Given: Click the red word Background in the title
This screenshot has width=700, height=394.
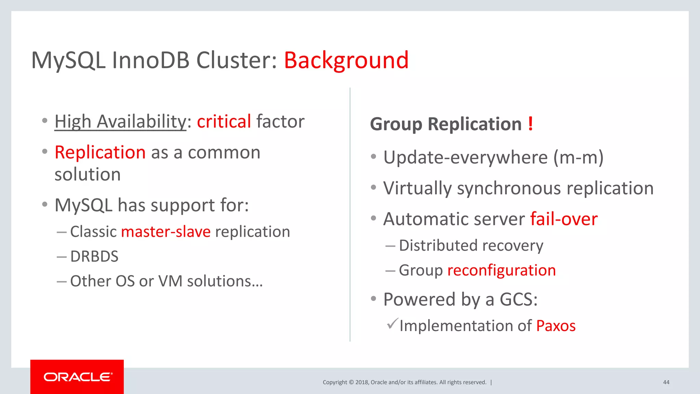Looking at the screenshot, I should (346, 61).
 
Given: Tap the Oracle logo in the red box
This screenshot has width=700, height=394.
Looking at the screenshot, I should (78, 377).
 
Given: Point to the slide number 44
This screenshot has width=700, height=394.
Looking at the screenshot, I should (666, 382).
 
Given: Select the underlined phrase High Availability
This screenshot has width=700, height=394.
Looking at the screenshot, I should (120, 122).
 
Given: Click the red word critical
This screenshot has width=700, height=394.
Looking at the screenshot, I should (224, 122).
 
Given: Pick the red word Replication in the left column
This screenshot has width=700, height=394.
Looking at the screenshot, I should (100, 153).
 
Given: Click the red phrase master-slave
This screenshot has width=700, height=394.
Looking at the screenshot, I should (166, 232).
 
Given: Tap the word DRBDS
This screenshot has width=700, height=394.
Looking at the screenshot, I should (94, 257).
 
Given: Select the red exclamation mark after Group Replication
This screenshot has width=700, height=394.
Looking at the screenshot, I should (530, 124).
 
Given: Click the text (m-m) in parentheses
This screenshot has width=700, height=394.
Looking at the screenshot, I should (578, 158).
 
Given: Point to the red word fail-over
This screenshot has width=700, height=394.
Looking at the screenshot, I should (564, 219).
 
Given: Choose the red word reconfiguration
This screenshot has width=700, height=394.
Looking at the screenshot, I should (501, 270).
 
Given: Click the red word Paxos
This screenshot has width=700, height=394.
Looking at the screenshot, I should (556, 326).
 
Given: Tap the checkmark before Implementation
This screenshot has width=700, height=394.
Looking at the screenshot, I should (392, 323).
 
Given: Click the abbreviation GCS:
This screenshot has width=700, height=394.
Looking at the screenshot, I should (519, 300).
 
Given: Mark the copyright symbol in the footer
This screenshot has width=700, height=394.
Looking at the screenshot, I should (351, 382).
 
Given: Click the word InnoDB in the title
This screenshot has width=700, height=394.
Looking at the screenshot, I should (150, 61).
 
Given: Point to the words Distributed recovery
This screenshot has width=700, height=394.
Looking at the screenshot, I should (471, 246).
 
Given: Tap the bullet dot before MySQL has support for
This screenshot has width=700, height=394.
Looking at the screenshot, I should (45, 205).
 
